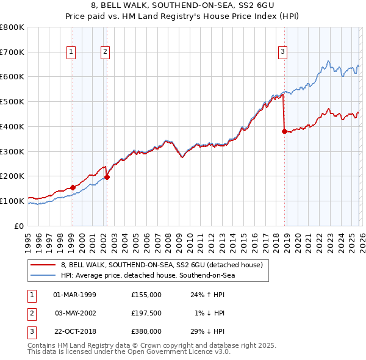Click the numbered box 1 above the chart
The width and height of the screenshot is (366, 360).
click(x=71, y=52)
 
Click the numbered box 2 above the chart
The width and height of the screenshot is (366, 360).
click(x=106, y=52)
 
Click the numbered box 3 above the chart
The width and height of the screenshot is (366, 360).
click(x=283, y=52)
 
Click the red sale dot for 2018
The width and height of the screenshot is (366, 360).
click(x=284, y=131)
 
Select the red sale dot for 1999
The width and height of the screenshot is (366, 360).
click(x=73, y=187)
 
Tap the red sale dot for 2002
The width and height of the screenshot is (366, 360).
click(x=107, y=177)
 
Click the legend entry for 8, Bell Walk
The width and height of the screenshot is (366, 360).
click(x=162, y=265)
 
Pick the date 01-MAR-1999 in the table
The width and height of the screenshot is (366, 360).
click(x=75, y=294)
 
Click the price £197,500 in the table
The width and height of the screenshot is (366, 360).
click(x=146, y=313)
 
